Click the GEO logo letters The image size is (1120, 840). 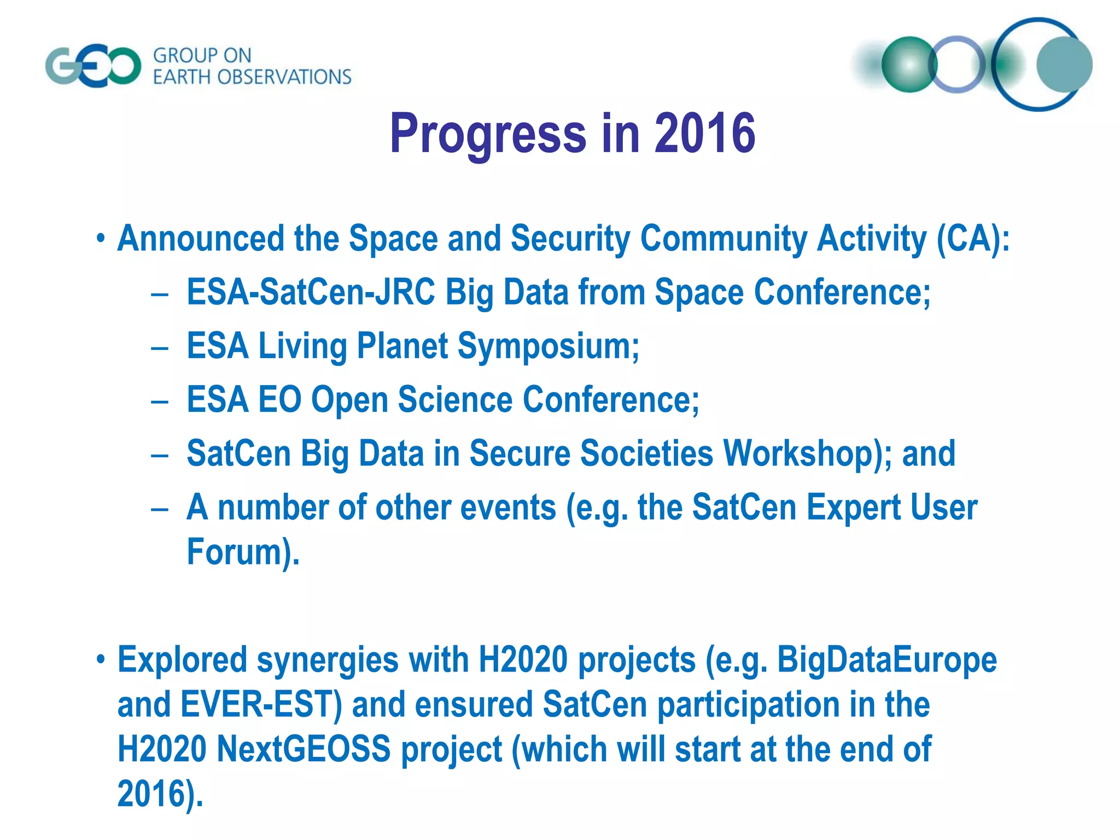point(93,66)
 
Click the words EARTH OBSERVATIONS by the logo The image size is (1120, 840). point(252,77)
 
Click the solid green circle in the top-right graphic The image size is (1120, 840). point(909,65)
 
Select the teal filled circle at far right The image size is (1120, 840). point(1064,65)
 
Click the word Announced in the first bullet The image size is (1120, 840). point(201,239)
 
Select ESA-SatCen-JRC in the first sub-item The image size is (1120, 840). point(311,292)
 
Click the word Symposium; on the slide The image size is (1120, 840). point(548,346)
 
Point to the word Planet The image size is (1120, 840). point(402,346)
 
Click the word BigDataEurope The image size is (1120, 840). point(887,660)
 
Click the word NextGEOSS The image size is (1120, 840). point(304,749)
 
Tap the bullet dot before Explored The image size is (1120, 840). point(100,660)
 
